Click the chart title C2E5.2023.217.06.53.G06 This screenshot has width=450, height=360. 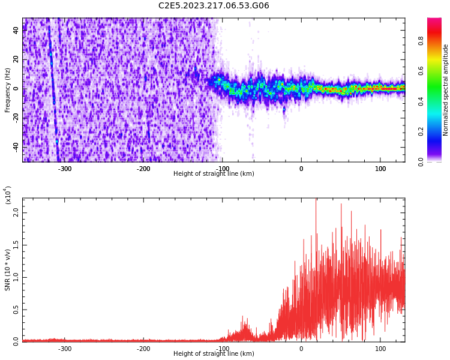pos(214,6)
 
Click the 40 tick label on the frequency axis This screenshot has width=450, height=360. pos(16,30)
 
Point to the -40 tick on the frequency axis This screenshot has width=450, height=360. pos(16,146)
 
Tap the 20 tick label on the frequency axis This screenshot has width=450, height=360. pos(16,59)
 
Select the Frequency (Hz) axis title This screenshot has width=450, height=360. pos(8,90)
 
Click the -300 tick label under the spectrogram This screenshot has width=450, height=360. pos(64,169)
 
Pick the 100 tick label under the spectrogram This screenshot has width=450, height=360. pos(380,169)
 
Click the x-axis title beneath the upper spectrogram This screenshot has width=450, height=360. pos(214,174)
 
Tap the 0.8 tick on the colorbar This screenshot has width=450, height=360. pos(437,41)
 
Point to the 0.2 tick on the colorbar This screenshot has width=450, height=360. pos(437,132)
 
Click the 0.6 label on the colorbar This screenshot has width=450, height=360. pos(437,71)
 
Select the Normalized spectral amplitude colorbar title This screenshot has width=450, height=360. pos(446,90)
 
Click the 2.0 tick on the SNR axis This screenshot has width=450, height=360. pos(16,212)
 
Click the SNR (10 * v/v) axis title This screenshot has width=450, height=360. pos(8,270)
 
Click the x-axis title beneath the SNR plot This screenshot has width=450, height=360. pos(214,354)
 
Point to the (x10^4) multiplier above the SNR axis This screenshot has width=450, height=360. pos(8,195)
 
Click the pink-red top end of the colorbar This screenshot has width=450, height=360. pos(434,21)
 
